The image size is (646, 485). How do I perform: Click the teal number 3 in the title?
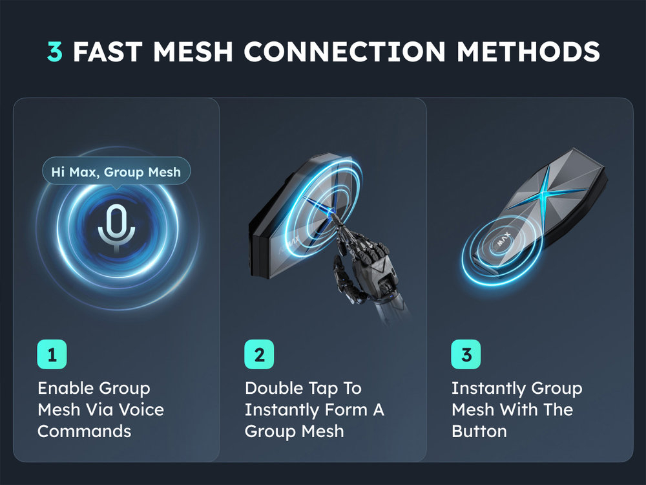point(55,52)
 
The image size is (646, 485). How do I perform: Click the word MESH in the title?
point(193,52)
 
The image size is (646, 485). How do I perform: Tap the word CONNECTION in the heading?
point(344,52)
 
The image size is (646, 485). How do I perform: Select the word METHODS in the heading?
point(528,52)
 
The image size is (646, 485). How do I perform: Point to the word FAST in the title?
point(107,52)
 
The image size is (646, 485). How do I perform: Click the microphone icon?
point(116,228)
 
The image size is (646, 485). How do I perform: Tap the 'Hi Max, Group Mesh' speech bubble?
point(116,171)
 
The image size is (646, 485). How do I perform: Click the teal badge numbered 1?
point(52,354)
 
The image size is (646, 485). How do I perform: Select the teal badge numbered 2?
point(259,354)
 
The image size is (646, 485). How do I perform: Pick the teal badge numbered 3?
point(466,354)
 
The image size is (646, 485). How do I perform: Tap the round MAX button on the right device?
point(502,241)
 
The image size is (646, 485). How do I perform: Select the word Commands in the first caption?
point(85,431)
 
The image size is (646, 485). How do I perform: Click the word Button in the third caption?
point(479,431)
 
